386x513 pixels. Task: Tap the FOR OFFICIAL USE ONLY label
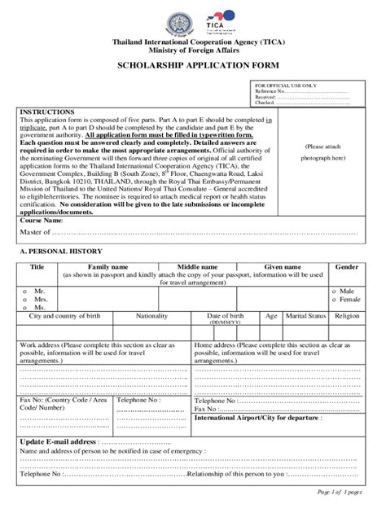[x=286, y=85]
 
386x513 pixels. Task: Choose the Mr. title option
[x=40, y=291]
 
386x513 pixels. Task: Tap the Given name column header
[x=282, y=267]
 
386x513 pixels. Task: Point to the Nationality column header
[x=152, y=315]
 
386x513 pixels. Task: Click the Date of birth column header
[x=225, y=315]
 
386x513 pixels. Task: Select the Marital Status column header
[x=305, y=315]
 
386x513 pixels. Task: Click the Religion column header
[x=346, y=315]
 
